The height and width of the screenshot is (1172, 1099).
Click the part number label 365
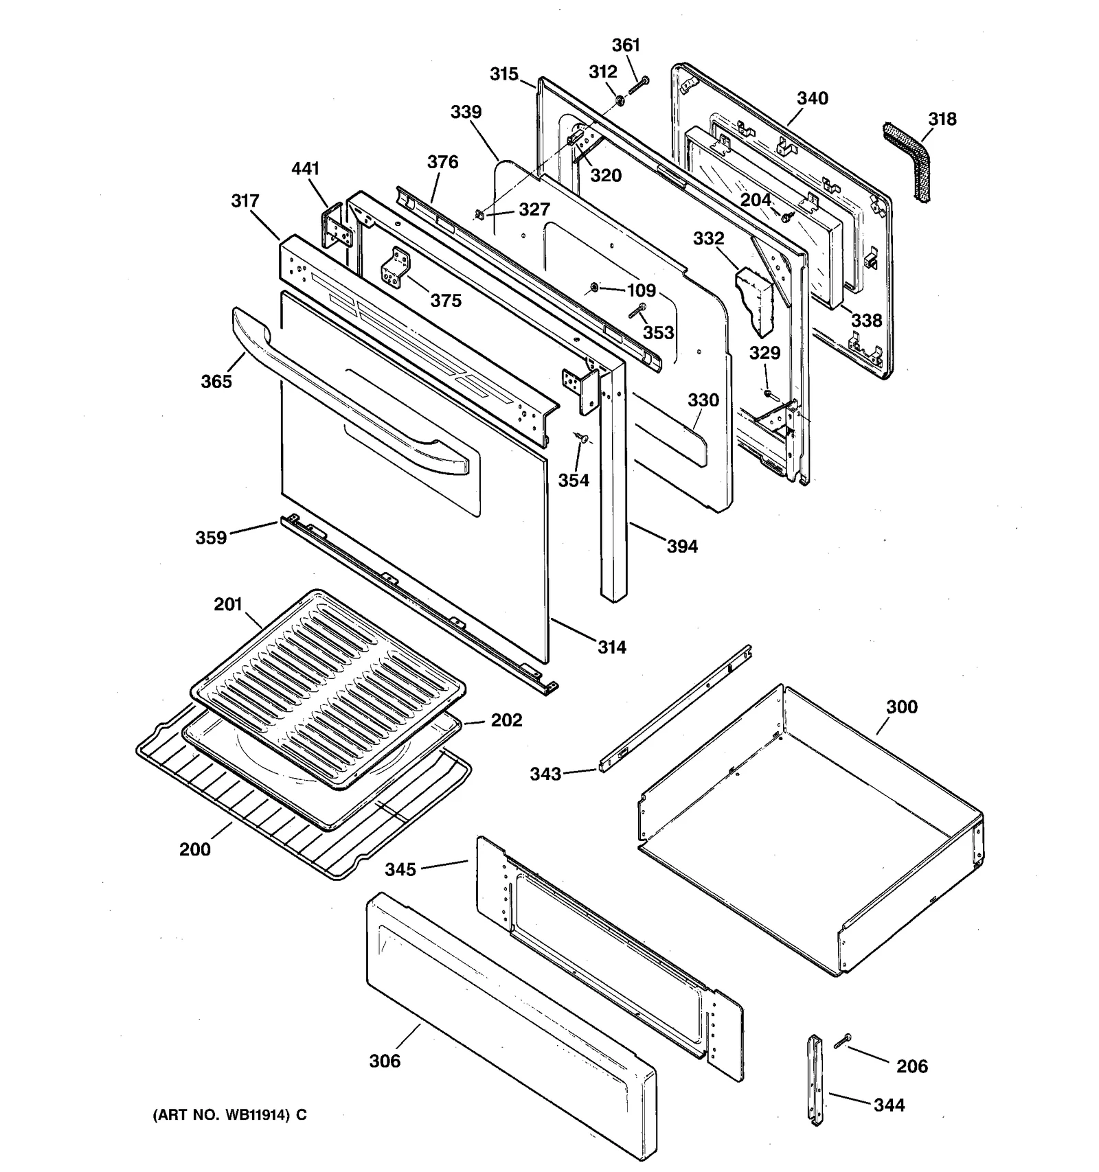point(216,381)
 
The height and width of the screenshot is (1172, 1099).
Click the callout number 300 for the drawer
point(901,706)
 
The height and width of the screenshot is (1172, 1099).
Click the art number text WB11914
point(229,1115)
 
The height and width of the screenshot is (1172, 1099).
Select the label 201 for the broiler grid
point(227,604)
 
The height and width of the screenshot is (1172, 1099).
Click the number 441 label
point(305,168)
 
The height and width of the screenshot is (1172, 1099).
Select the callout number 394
point(681,547)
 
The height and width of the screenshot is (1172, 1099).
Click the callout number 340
point(812,98)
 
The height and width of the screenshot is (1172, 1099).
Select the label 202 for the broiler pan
point(506,720)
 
